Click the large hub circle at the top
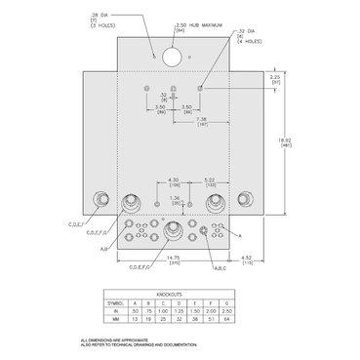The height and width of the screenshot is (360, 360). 172,57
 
